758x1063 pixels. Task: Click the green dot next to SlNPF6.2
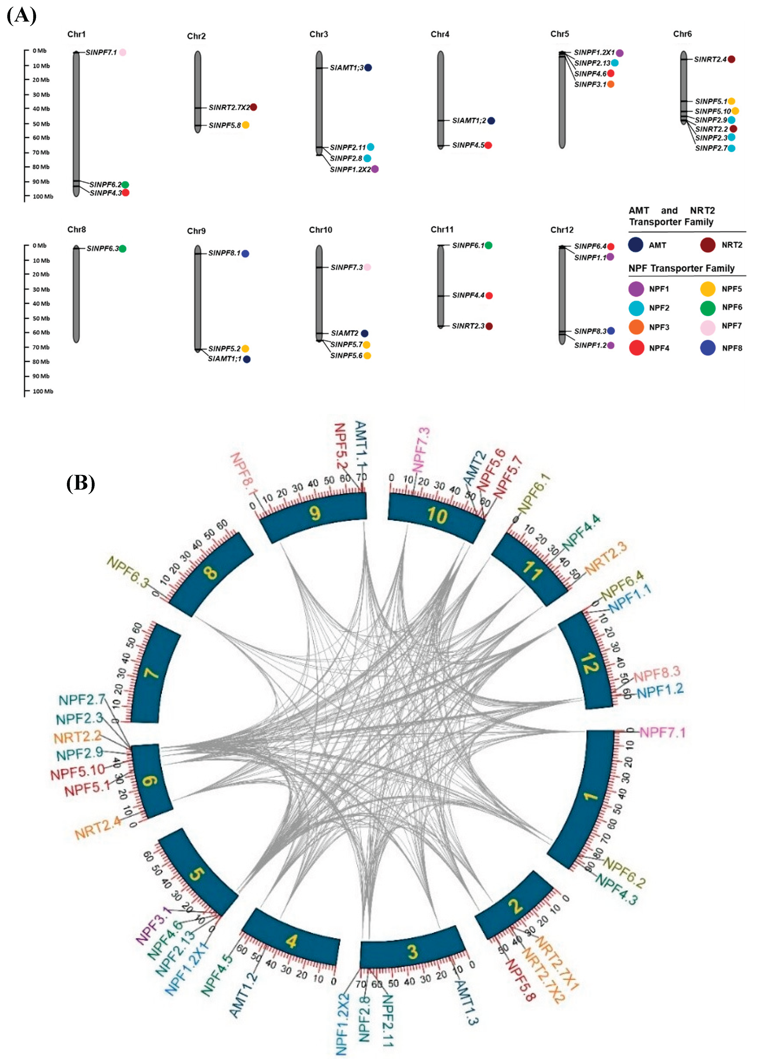125,185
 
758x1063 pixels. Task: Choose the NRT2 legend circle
708,245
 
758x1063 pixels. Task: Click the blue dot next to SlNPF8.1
245,254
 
